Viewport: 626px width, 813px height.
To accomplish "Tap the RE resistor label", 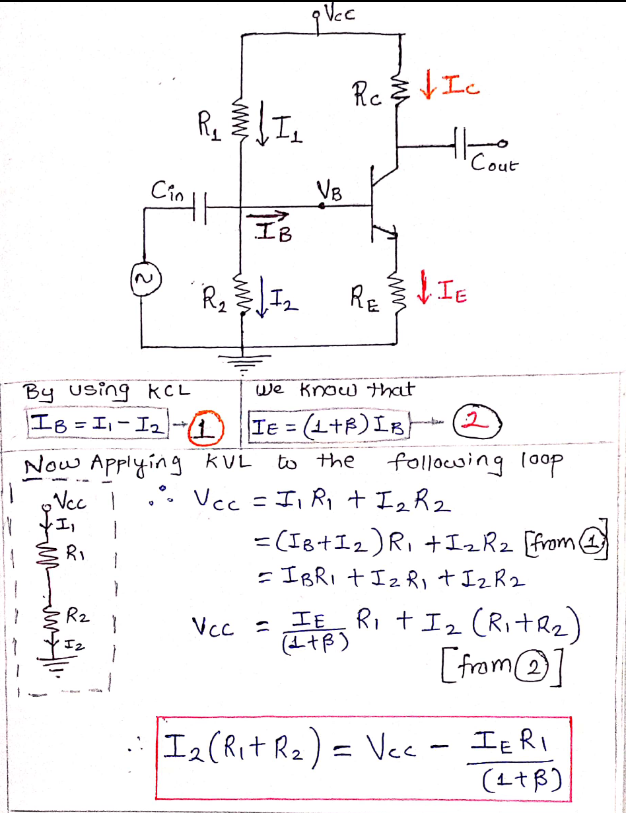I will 366,306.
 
